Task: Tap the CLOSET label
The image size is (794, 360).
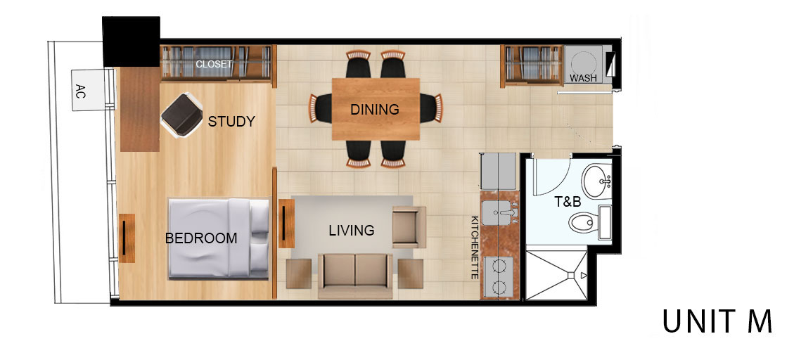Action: coord(214,64)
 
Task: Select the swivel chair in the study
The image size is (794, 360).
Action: coord(181,115)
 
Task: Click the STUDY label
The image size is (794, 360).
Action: coord(231,122)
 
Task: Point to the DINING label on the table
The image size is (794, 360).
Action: coord(375,110)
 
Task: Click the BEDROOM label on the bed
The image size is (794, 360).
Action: coord(201,238)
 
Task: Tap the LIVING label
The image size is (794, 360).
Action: coord(352,231)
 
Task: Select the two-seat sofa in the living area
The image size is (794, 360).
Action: coord(355,276)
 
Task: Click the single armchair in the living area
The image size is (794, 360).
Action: coord(409,227)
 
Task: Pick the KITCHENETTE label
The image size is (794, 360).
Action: coord(475,247)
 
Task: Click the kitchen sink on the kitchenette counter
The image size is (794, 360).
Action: coord(499,212)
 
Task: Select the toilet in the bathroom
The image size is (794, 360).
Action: coord(589,222)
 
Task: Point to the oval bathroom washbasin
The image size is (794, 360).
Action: coord(597,180)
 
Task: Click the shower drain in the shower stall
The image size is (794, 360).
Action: coord(570,276)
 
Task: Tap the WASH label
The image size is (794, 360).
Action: coord(583,79)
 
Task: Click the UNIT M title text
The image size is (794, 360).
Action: coord(717,321)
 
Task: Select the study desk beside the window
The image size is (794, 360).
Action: coord(140,109)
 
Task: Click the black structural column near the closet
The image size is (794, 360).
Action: coord(131,41)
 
